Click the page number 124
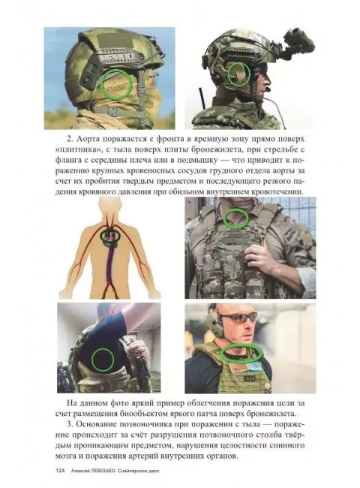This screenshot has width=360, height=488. pyautogui.click(x=60, y=471)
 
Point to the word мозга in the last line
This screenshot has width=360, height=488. pyautogui.click(x=67, y=456)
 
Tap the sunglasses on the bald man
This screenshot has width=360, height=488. pyautogui.click(x=238, y=318)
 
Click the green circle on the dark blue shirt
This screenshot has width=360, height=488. pyautogui.click(x=103, y=360)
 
